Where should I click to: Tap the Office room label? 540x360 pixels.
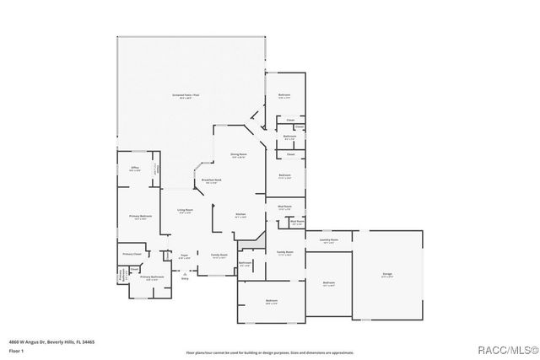coord(134,168)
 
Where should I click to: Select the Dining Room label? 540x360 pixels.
coord(239,154)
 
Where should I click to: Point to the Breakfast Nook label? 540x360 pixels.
coord(211,181)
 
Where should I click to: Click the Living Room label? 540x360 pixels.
coord(185,210)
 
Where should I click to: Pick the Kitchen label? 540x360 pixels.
coord(240,215)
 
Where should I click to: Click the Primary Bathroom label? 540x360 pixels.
coord(151,277)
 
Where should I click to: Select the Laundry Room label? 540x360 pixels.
coord(329,240)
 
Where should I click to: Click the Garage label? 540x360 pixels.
coord(386,274)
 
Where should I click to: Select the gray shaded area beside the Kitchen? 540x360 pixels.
coord(246,244)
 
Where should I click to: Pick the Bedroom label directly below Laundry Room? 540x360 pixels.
coord(329,283)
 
